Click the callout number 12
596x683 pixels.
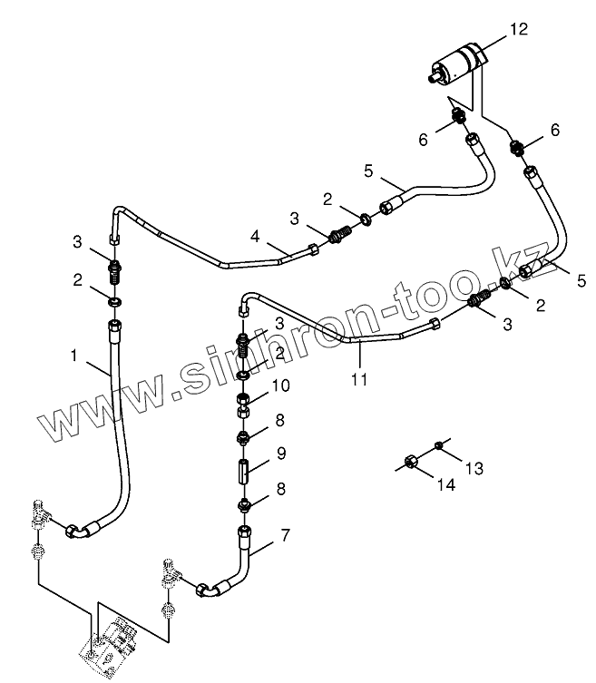[518, 29]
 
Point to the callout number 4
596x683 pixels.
[257, 238]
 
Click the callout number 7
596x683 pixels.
[285, 534]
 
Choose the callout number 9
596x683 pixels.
[280, 451]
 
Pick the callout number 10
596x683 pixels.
[280, 385]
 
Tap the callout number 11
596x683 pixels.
[359, 379]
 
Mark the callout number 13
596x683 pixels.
[475, 468]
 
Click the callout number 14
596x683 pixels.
[444, 484]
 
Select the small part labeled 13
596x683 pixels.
[439, 444]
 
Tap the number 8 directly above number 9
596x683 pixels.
[280, 419]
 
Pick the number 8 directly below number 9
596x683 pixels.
[280, 488]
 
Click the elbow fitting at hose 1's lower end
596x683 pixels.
[80, 530]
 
